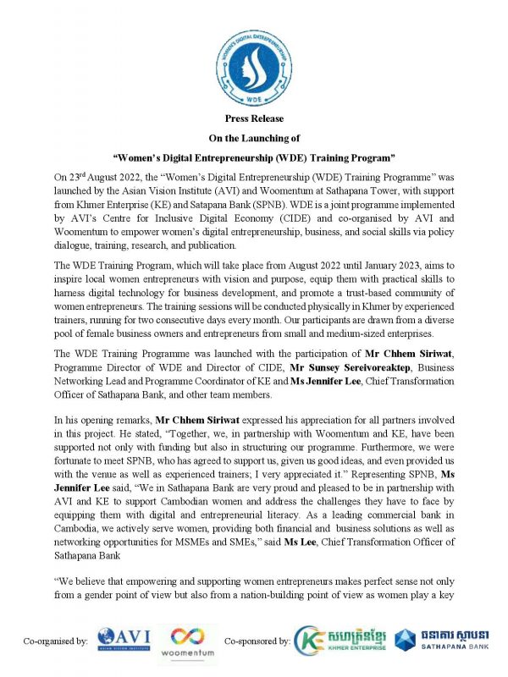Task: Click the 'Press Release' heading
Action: [x=255, y=118]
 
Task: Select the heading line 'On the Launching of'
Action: [x=255, y=137]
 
